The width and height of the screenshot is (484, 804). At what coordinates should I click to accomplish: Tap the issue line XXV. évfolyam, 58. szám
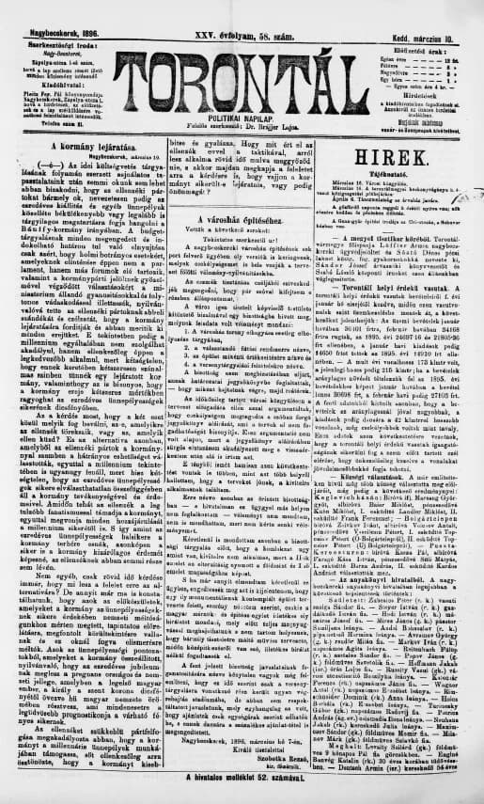pos(242,9)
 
